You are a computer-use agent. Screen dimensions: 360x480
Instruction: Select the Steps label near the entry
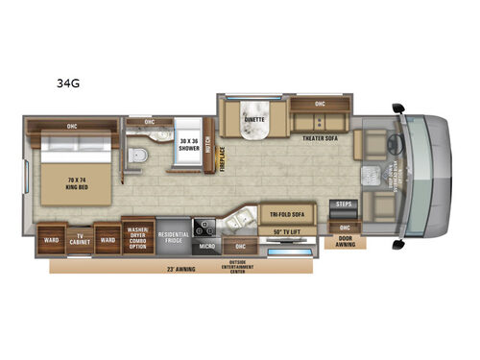(346, 204)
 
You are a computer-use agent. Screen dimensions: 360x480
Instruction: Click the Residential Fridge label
(173, 235)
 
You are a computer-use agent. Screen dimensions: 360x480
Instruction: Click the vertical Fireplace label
(221, 159)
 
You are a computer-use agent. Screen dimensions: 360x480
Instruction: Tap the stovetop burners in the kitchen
(204, 228)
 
